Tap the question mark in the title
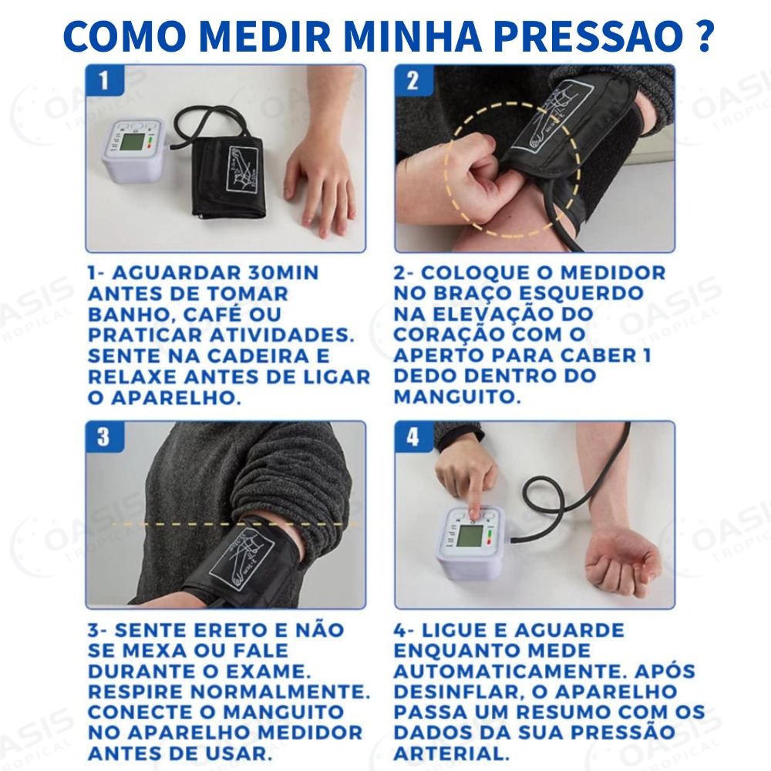pos(700,35)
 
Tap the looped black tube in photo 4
pos(547,497)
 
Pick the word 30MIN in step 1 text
pos(278,273)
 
